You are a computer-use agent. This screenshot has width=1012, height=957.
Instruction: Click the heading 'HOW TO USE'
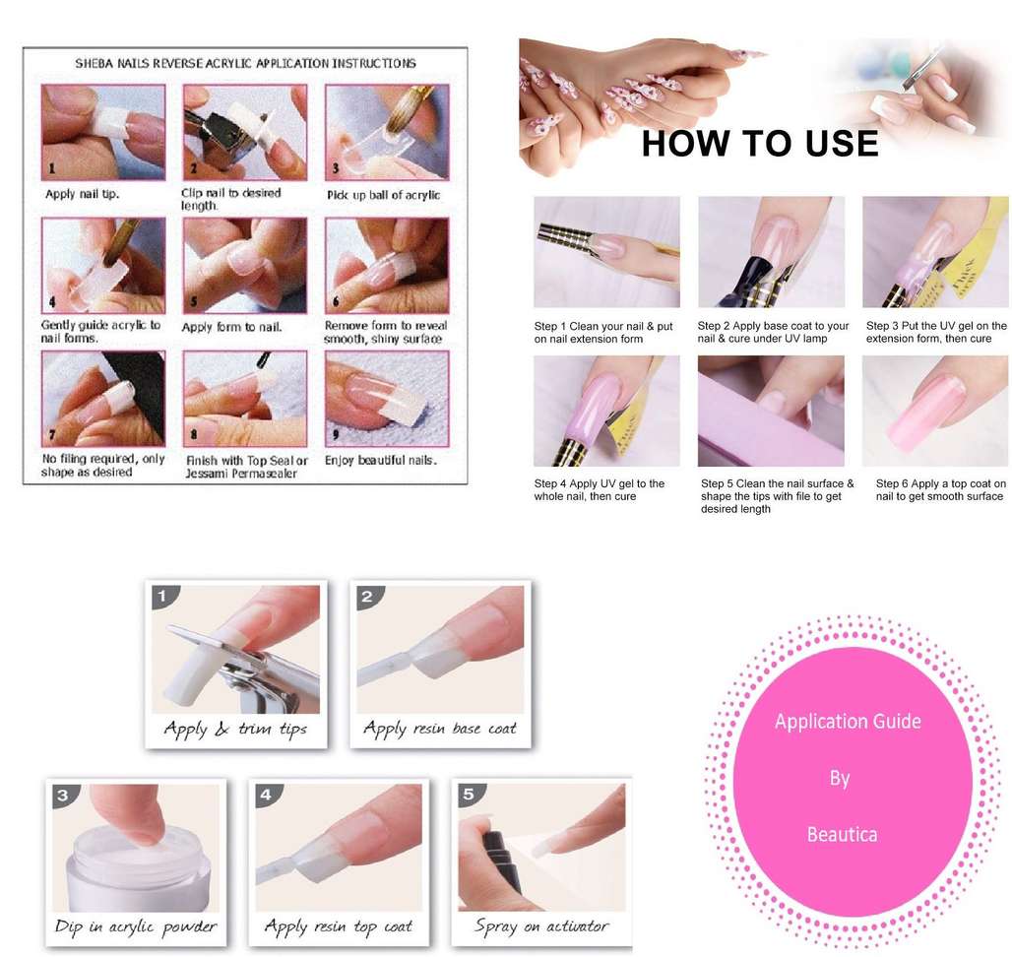(760, 144)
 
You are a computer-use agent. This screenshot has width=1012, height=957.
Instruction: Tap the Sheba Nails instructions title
(245, 63)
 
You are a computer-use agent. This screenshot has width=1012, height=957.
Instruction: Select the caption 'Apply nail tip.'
(82, 194)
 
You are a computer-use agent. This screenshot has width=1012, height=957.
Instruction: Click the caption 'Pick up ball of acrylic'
(383, 195)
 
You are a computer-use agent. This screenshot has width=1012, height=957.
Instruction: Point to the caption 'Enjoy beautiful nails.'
(381, 460)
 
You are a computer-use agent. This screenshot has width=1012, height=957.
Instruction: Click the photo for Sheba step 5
(245, 265)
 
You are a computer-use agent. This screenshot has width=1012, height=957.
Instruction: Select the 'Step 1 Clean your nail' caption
(603, 333)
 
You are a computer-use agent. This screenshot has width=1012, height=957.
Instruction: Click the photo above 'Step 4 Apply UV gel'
(606, 412)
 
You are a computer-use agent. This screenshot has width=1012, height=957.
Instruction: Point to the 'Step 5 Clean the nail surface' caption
(777, 495)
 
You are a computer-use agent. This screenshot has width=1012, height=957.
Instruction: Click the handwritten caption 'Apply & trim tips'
(235, 730)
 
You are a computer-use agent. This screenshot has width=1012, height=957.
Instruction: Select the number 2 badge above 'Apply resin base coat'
(367, 597)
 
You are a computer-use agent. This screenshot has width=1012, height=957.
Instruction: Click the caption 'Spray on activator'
(540, 926)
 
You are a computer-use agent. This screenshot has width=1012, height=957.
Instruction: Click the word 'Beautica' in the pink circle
(842, 834)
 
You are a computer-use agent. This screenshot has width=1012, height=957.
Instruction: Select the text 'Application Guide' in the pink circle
(848, 721)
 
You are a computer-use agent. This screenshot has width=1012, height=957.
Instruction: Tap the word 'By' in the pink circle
(839, 778)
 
